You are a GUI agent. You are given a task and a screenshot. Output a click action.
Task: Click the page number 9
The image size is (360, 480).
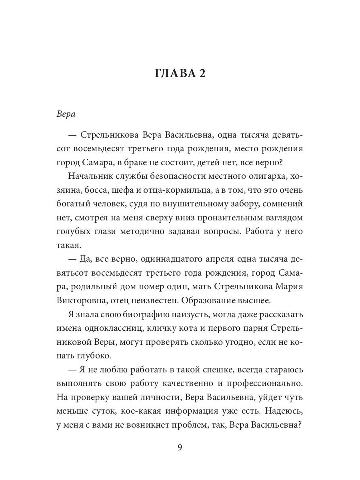pyautogui.click(x=180, y=447)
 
